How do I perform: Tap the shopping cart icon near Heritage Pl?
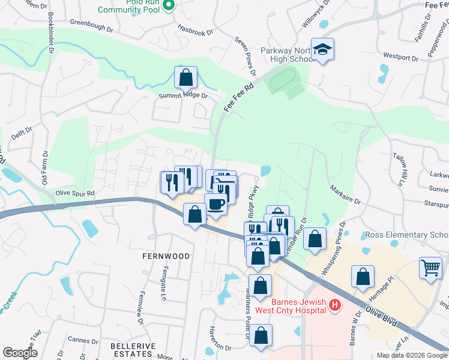click(430, 268)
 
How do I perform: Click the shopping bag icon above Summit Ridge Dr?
click(185, 77)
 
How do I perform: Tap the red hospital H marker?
click(335, 306)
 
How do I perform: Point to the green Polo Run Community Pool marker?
click(169, 6)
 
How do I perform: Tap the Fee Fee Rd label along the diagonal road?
click(240, 96)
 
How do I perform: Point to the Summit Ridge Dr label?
click(183, 95)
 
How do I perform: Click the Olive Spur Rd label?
click(75, 193)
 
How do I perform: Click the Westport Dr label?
click(400, 58)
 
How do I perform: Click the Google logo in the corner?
click(20, 353)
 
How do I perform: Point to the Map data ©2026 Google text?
click(412, 355)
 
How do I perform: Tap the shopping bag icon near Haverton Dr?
click(261, 337)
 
